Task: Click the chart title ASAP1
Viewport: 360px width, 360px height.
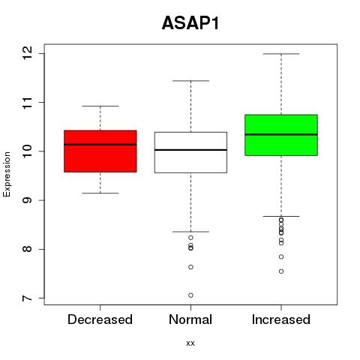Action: pyautogui.click(x=190, y=23)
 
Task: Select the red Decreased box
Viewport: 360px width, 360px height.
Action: pyautogui.click(x=100, y=151)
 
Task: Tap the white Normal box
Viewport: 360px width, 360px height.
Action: pyautogui.click(x=190, y=152)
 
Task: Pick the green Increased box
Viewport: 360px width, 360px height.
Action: pyautogui.click(x=281, y=135)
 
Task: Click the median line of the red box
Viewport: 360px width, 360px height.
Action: pyautogui.click(x=100, y=145)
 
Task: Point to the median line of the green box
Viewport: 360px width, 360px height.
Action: pyautogui.click(x=281, y=134)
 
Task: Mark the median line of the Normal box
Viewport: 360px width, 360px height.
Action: pyautogui.click(x=190, y=150)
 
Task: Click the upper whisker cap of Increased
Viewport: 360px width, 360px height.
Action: pyautogui.click(x=281, y=54)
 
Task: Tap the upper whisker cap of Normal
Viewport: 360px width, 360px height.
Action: pyautogui.click(x=190, y=81)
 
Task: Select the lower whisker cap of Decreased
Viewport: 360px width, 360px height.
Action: pyautogui.click(x=100, y=193)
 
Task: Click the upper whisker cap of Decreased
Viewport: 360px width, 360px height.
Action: pyautogui.click(x=100, y=106)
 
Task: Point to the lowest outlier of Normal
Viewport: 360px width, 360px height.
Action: pyautogui.click(x=190, y=295)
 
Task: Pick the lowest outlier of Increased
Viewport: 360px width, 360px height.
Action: pyautogui.click(x=281, y=271)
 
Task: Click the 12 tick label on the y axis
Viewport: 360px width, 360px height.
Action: pyautogui.click(x=28, y=53)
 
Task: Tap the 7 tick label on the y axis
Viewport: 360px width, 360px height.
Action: pyautogui.click(x=28, y=298)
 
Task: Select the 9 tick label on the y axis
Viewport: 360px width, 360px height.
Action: pyautogui.click(x=28, y=200)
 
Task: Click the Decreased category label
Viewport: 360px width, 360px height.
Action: pyautogui.click(x=100, y=319)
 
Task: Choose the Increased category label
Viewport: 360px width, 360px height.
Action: pyautogui.click(x=281, y=319)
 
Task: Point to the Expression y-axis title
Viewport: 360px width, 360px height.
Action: pyautogui.click(x=7, y=174)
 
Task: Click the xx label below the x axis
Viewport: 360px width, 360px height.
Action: pyautogui.click(x=190, y=343)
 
